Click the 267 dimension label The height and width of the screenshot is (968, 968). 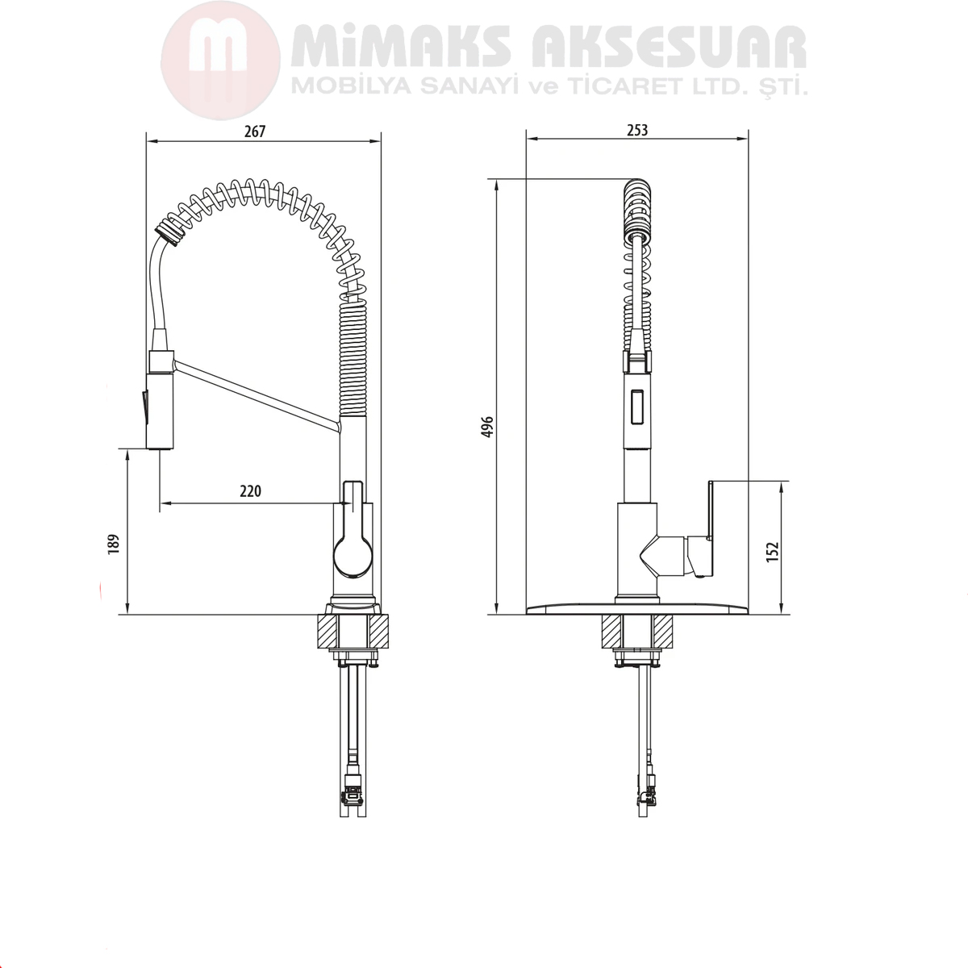click(x=255, y=131)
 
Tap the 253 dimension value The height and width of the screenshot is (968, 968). click(x=637, y=131)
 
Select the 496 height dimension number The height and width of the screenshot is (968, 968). click(x=487, y=427)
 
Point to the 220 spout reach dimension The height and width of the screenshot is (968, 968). click(x=250, y=490)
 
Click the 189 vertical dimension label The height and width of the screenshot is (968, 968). click(x=114, y=544)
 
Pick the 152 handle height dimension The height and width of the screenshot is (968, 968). click(x=772, y=552)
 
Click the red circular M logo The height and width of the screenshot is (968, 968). click(x=220, y=60)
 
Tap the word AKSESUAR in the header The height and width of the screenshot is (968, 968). click(x=669, y=48)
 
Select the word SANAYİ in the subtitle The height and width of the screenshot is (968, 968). click(x=469, y=87)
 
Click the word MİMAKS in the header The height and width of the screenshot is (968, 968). click(x=402, y=48)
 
